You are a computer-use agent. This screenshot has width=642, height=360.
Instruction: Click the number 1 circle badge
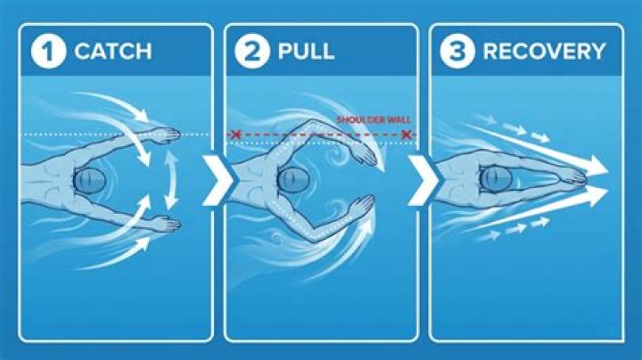point(48,51)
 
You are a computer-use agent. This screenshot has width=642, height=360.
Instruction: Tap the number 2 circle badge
point(252,51)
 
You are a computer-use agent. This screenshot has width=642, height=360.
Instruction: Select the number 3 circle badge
point(457,51)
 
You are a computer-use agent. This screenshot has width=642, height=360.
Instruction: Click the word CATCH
point(113,51)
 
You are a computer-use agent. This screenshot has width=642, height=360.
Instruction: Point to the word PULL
point(306,51)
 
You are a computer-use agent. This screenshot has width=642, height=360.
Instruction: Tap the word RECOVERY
point(544,51)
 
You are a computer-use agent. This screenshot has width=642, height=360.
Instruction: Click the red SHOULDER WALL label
point(374,120)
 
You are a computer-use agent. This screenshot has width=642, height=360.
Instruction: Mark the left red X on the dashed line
point(235,135)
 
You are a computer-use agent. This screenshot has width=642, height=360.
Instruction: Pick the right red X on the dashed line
point(406,135)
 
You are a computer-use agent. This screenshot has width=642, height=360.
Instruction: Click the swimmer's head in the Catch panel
point(89,180)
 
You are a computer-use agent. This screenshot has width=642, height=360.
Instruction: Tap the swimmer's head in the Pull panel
point(293,180)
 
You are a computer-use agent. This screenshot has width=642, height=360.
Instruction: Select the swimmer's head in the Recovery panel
point(496,179)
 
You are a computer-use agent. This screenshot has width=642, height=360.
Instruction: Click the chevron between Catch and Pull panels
point(218,180)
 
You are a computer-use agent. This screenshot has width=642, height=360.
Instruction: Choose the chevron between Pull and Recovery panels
point(424,180)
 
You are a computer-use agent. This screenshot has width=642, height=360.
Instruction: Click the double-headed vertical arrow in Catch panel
point(170,180)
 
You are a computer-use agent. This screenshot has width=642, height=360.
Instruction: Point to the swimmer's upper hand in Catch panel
point(167,135)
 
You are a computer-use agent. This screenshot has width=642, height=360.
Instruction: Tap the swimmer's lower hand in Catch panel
point(167,225)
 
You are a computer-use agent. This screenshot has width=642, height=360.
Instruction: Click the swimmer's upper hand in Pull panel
point(364,153)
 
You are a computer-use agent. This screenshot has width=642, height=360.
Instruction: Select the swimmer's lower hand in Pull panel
point(362,206)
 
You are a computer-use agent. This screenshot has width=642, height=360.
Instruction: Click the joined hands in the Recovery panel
point(572,179)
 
